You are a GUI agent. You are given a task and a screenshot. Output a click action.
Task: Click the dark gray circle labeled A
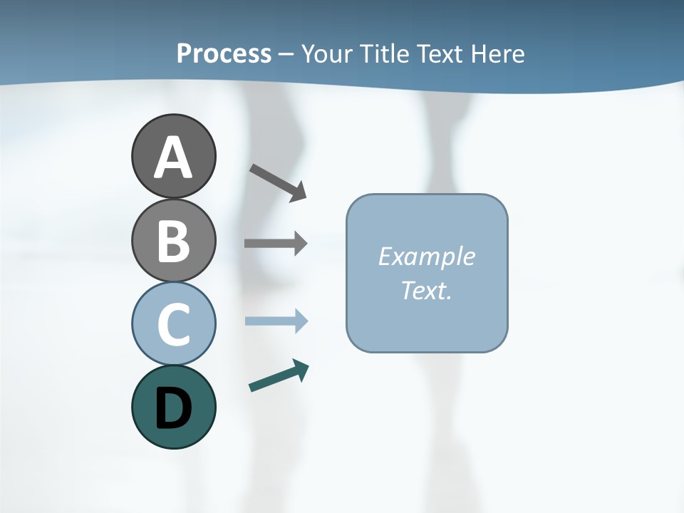click(x=173, y=156)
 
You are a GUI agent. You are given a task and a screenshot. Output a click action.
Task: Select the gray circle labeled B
click(x=173, y=240)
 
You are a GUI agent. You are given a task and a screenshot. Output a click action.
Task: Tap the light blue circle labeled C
click(x=173, y=323)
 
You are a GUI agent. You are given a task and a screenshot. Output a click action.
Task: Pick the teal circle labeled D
click(x=173, y=407)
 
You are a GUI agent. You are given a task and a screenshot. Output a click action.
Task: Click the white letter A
click(x=173, y=157)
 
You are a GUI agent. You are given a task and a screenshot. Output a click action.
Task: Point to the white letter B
click(x=173, y=241)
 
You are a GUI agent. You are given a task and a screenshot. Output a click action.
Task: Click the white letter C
click(x=173, y=324)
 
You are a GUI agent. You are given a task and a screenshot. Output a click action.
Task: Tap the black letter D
click(x=173, y=408)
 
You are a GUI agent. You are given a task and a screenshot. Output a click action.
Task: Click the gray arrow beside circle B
click(x=276, y=243)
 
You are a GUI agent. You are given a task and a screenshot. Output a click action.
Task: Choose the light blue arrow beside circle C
click(x=276, y=321)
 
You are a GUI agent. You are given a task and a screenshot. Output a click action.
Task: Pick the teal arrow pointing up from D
click(x=279, y=376)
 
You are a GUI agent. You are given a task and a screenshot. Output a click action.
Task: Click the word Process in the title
click(x=224, y=53)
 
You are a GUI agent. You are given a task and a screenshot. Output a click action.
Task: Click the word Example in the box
click(x=426, y=256)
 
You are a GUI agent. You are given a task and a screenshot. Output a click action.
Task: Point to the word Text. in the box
click(x=426, y=290)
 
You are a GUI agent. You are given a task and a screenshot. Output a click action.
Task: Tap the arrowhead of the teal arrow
click(x=301, y=370)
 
